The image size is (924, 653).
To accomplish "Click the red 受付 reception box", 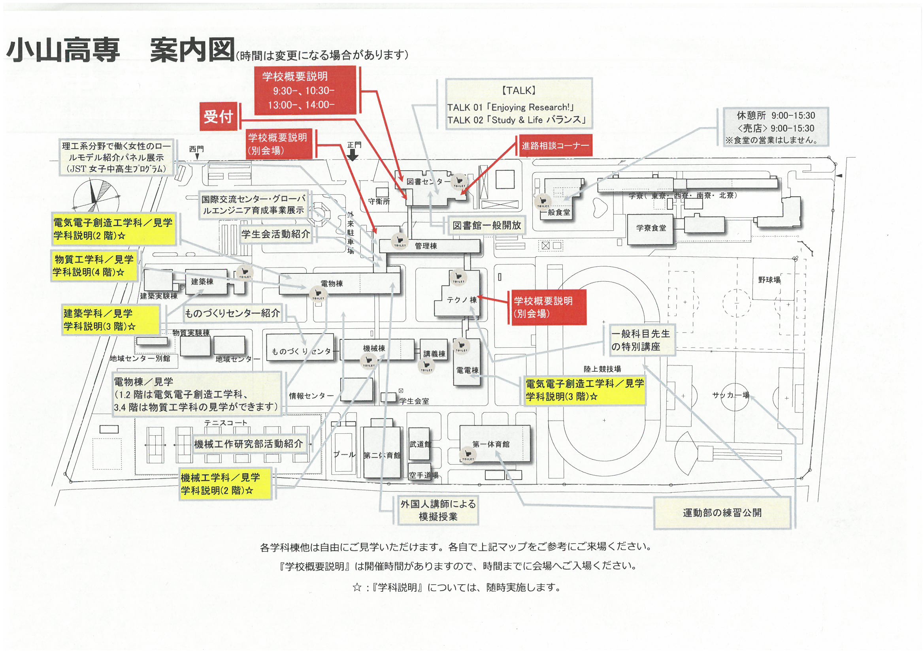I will pyautogui.click(x=219, y=117).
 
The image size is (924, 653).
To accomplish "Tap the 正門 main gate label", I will pyautogui.click(x=354, y=145).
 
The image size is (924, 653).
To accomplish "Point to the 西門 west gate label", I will pyautogui.click(x=196, y=149).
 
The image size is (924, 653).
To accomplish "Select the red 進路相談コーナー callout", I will pyautogui.click(x=554, y=146).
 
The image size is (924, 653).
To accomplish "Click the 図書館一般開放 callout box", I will pyautogui.click(x=487, y=225).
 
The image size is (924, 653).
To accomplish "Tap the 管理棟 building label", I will pyautogui.click(x=426, y=246).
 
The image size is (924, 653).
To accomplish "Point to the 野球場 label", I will pyautogui.click(x=769, y=280).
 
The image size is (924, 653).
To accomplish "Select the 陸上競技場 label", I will pyautogui.click(x=602, y=369).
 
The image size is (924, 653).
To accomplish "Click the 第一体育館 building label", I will pyautogui.click(x=490, y=444).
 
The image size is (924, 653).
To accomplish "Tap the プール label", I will pyautogui.click(x=345, y=455).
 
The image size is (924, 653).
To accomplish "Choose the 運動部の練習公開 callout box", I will pyautogui.click(x=722, y=513).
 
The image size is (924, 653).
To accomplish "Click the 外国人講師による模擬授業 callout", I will pyautogui.click(x=438, y=510).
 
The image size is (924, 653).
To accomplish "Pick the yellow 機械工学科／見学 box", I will pyautogui.click(x=225, y=484).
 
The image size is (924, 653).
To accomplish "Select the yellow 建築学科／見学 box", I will pyautogui.click(x=111, y=320).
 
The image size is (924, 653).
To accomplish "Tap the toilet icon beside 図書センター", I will pyautogui.click(x=459, y=181).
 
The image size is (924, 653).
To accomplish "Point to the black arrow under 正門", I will pyautogui.click(x=353, y=155).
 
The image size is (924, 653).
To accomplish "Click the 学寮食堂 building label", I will pyautogui.click(x=651, y=228).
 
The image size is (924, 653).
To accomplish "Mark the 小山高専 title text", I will pyautogui.click(x=63, y=50).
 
